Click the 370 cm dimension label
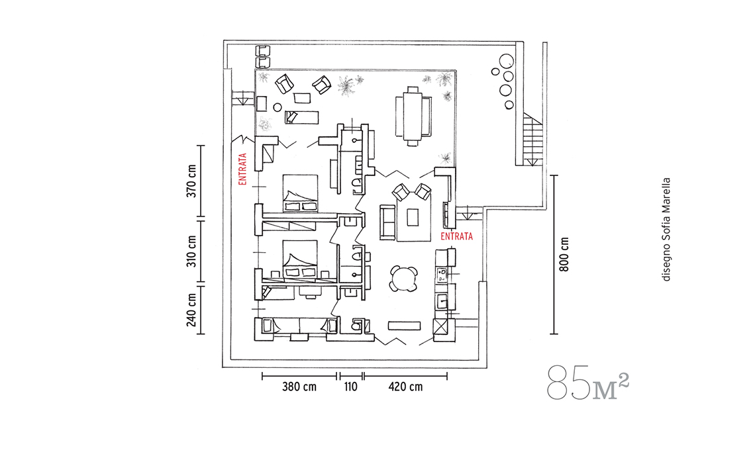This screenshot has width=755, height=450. point(191,181)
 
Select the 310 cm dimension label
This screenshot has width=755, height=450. point(191,251)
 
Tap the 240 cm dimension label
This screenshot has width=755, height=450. point(191,310)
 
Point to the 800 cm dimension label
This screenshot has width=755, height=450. point(564,255)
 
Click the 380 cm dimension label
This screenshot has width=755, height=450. point(299,387)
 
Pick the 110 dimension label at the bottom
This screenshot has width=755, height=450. point(350,387)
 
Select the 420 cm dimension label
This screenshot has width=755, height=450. point(405,387)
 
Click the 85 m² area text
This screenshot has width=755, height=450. point(588,382)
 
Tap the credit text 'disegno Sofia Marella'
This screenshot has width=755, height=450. point(666,230)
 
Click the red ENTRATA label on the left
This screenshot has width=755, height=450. point(242,169)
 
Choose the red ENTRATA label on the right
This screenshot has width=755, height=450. point(456,236)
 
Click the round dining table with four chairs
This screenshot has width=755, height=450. point(403,279)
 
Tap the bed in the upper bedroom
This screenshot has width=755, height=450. point(300,193)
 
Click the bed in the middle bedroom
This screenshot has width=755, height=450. point(300,259)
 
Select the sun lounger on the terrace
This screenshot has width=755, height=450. point(302,117)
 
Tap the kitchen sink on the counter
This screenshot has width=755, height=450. point(442,301)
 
